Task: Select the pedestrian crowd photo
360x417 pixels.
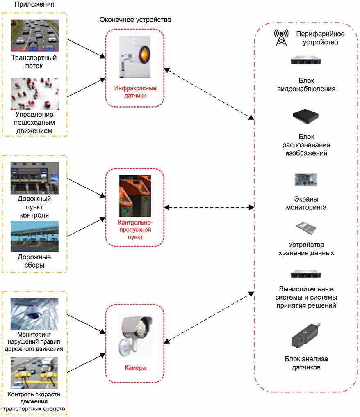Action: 34,94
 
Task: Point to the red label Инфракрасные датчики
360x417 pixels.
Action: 135,92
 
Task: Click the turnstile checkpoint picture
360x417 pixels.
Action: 135,195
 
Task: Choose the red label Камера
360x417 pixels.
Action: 135,368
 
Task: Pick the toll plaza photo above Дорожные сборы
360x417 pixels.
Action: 34,236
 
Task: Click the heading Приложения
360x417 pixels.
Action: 34,4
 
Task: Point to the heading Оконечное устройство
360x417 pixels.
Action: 135,20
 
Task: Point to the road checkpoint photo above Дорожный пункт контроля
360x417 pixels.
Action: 34,179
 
